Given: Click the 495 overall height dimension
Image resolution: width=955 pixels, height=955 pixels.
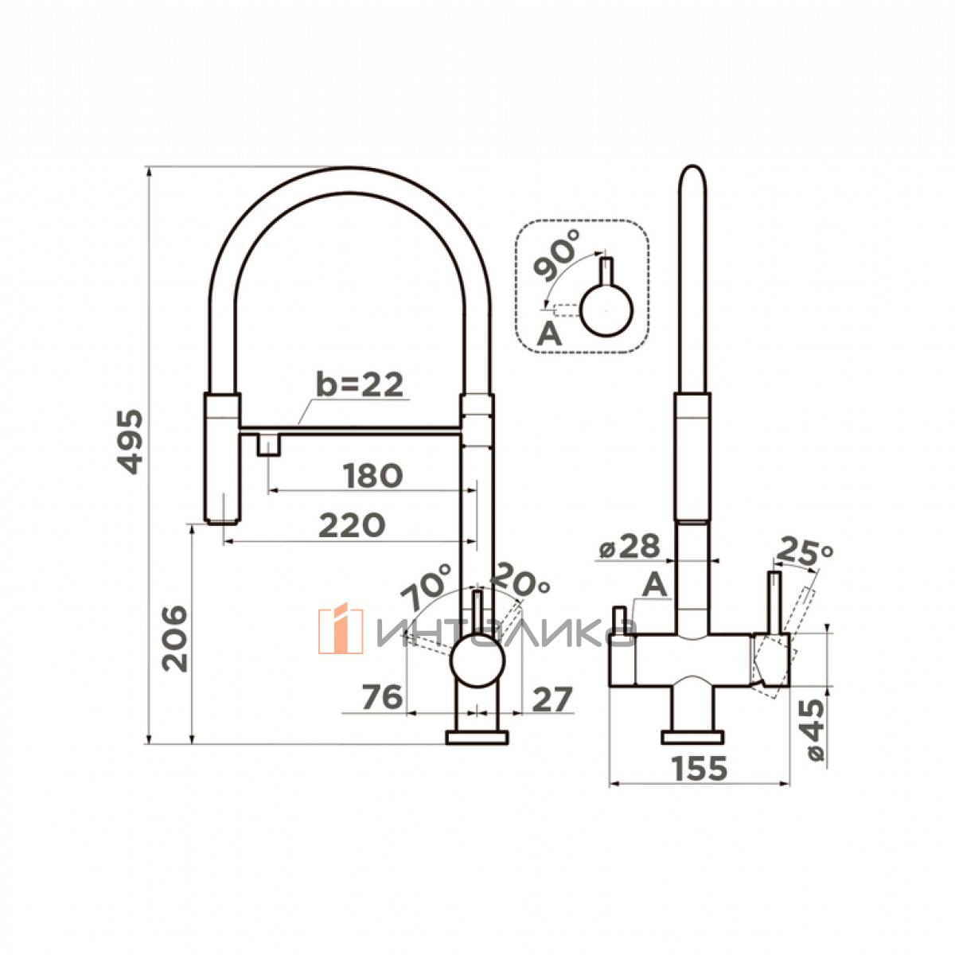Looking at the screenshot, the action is (x=130, y=442).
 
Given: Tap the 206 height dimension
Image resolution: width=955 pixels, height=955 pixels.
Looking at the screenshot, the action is (x=175, y=639).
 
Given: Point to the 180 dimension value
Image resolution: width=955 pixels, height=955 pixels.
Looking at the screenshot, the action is (x=372, y=475).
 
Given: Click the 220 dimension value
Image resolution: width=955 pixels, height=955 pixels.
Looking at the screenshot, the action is (x=352, y=525).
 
